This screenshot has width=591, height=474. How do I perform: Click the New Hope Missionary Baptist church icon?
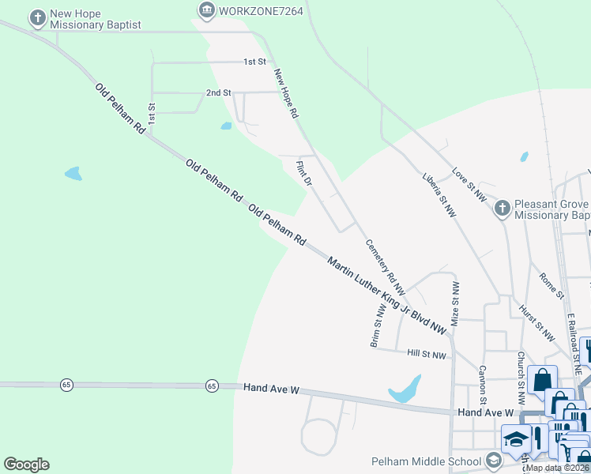coord(37,17)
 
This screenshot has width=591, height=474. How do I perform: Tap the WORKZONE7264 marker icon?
coord(207,9)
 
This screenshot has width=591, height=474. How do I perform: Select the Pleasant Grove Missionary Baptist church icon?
coord(502,209)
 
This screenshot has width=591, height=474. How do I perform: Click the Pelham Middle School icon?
coord(493,461)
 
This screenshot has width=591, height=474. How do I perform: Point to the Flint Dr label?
coord(304,173)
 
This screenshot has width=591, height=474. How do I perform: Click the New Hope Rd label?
coord(286,93)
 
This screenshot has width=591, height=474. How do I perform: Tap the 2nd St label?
coord(218,92)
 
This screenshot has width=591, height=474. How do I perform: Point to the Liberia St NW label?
coord(439,194)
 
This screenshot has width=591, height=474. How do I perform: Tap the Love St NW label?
coord(469,184)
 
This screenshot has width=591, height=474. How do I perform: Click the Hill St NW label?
coord(427,355)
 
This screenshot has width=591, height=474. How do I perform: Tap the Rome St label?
coord(552,285)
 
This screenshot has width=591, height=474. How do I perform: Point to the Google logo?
coord(26,465)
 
